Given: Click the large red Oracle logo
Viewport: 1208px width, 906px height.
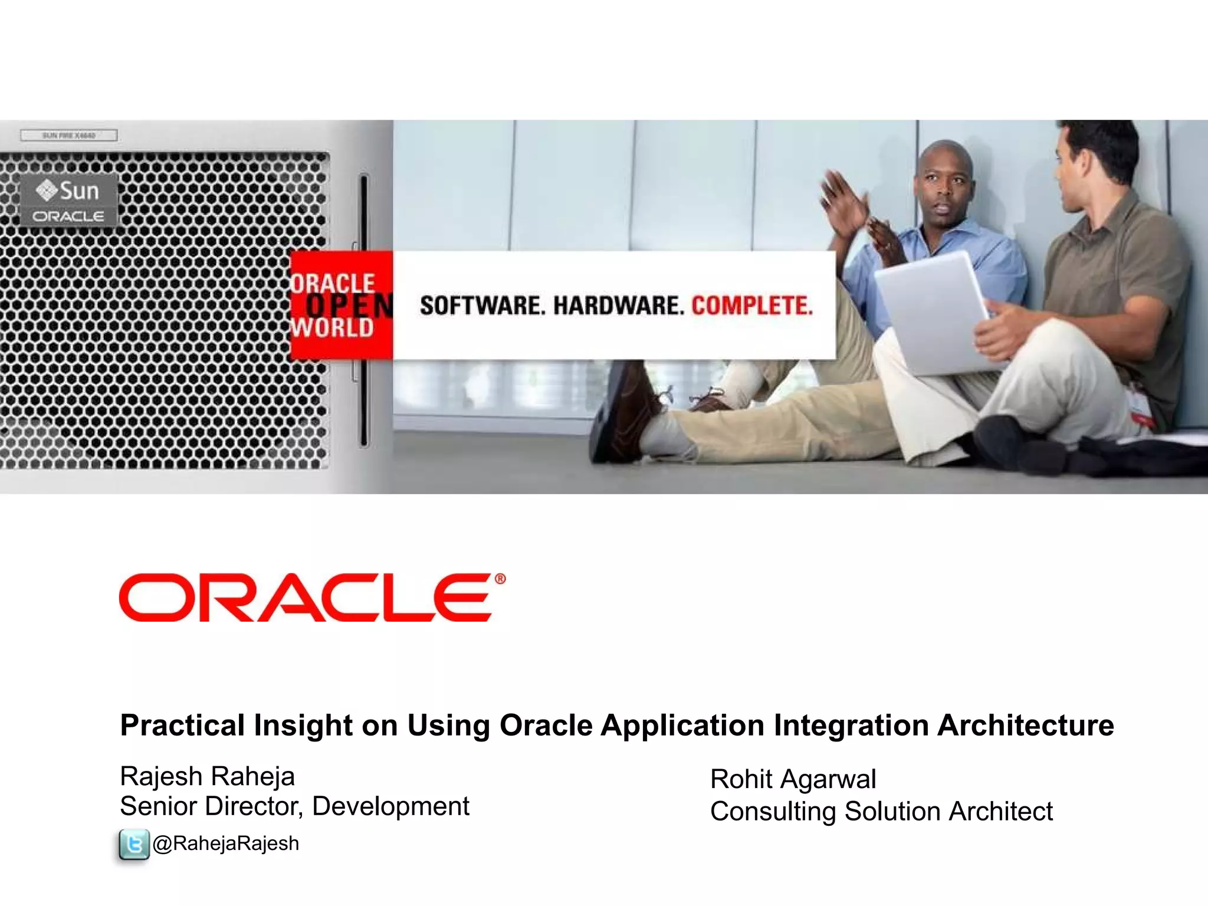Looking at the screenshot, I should coord(306,598).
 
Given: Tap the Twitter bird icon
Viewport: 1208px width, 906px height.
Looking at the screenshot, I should coord(134,845).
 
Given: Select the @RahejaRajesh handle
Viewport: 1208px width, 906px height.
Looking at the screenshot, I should coord(226,844).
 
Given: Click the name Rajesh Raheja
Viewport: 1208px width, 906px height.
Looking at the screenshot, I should coord(207,776).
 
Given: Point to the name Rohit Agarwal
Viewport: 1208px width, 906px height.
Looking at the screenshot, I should coord(793,779).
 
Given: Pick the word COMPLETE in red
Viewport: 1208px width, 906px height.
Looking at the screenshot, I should coord(752,306).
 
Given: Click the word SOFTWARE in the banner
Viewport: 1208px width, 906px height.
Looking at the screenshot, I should coord(480,306).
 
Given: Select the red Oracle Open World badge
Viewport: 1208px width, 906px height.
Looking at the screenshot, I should coord(341,305).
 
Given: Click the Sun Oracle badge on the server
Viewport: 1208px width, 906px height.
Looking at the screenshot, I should coord(69,201).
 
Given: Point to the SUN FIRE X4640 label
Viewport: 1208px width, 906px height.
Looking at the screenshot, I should coord(69,136).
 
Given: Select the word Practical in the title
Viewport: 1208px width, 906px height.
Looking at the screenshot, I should coord(182,725).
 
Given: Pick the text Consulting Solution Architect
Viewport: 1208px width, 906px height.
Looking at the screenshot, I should coord(881,812).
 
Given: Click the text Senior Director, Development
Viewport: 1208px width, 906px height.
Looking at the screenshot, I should coord(294,806).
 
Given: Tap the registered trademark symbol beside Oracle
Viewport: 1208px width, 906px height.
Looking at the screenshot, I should coord(500,579).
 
